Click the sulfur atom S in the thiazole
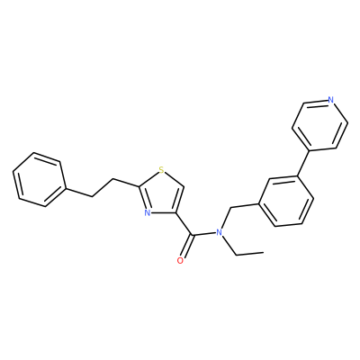(162, 170)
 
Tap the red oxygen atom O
(180, 260)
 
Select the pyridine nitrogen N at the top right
(330, 100)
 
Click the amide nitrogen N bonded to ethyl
(220, 232)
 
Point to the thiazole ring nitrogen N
(147, 213)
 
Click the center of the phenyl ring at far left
(39, 179)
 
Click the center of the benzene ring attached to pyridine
(286, 201)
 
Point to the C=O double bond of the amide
(185, 247)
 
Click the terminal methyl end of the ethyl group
(264, 253)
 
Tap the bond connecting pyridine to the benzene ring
(302, 162)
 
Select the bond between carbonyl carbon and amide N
(204, 233)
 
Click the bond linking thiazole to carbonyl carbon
(184, 223)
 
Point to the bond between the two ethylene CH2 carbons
(102, 188)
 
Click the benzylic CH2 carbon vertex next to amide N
(230, 207)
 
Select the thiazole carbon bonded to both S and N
(139, 186)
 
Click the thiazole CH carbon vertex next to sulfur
(184, 185)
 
